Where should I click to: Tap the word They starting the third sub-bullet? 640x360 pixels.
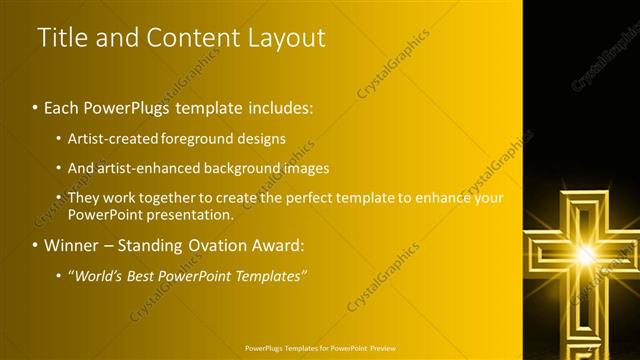point(83,198)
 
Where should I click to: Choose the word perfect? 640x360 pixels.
point(311,198)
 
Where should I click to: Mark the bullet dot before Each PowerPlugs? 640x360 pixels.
point(35,106)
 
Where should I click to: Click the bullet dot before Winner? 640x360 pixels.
point(35,244)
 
